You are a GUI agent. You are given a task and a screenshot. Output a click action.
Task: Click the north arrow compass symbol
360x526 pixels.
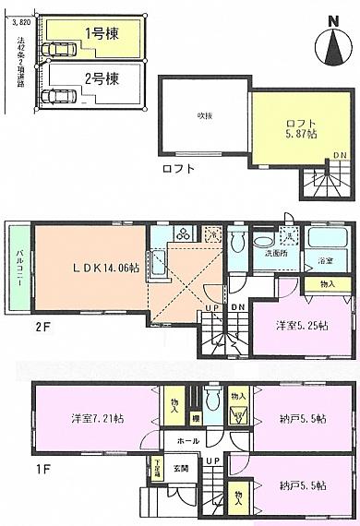[330, 45]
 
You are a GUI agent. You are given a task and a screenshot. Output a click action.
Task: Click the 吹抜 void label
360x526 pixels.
[204, 116]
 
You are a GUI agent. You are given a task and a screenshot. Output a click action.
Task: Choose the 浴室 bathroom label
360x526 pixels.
[326, 261]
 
